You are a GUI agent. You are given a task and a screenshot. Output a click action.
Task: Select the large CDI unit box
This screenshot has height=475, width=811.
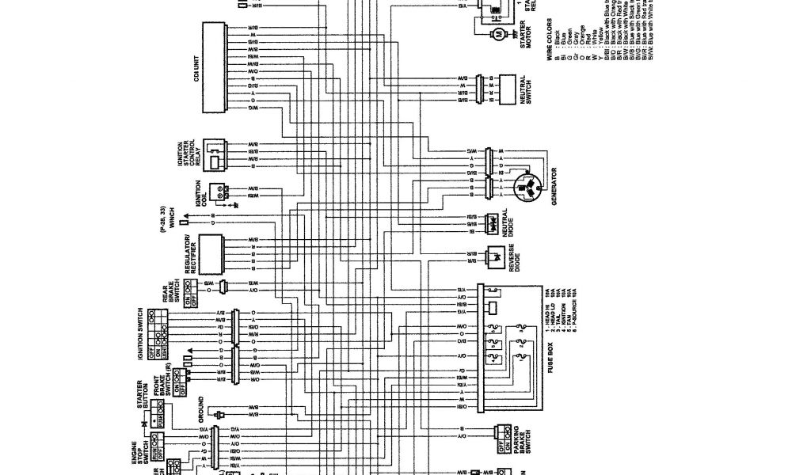(211, 67)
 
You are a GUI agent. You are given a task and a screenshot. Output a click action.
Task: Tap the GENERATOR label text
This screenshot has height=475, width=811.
(554, 186)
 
